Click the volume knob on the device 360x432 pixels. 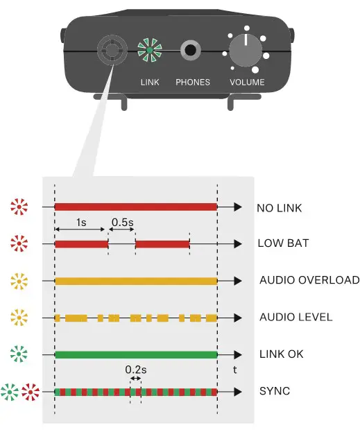[x=246, y=50]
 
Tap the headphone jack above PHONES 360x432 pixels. [x=191, y=50]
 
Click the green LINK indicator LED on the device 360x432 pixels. [x=149, y=50]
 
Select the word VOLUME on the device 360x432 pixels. [x=247, y=83]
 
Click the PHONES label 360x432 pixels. [x=193, y=83]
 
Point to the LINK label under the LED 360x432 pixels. [x=150, y=83]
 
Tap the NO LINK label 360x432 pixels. [x=280, y=207]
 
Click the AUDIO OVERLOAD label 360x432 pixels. [x=309, y=281]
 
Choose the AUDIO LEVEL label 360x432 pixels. [x=296, y=318]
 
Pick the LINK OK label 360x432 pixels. [x=281, y=354]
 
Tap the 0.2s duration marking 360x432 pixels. [x=135, y=370]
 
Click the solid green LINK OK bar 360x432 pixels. [x=136, y=354]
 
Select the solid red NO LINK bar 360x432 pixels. [x=136, y=207]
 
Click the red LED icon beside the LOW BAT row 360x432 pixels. [x=20, y=244]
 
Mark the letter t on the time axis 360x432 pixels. [x=236, y=370]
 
